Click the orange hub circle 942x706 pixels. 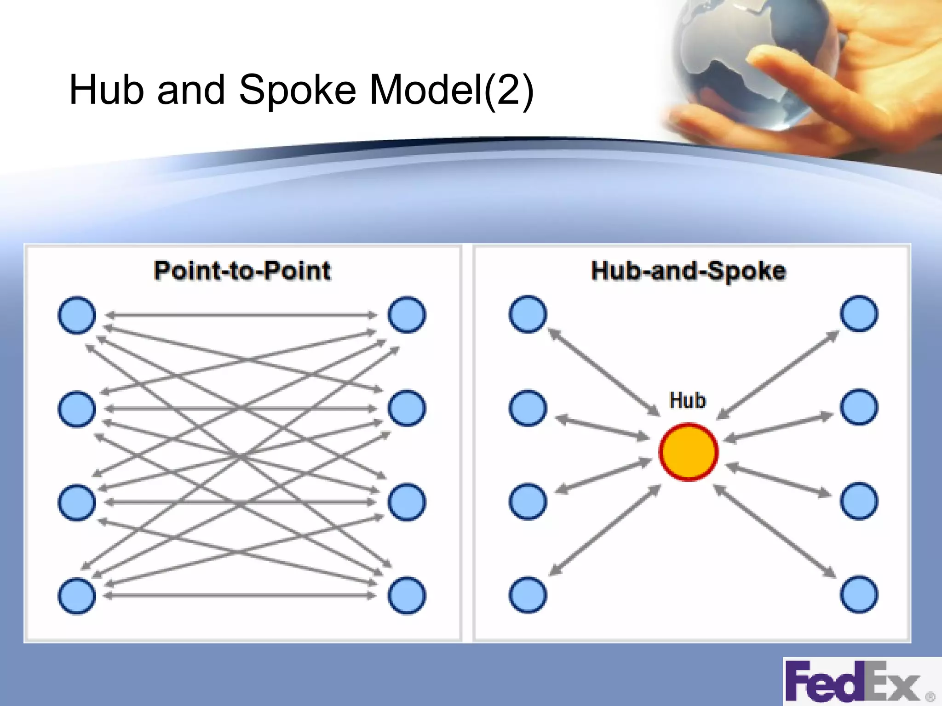tap(688, 452)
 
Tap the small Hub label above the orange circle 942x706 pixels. tap(687, 400)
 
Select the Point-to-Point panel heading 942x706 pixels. tap(242, 270)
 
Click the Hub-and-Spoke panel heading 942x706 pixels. tap(688, 270)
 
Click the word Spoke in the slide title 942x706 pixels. tap(297, 90)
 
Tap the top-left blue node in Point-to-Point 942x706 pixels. tap(77, 315)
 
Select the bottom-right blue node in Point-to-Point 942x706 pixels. tap(407, 596)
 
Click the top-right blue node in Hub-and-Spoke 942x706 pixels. tap(859, 313)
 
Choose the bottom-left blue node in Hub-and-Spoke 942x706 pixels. tap(528, 595)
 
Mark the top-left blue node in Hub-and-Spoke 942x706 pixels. tap(528, 314)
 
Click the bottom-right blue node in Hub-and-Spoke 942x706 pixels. tap(859, 594)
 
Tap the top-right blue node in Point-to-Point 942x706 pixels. tap(407, 315)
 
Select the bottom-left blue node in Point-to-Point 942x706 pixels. tap(77, 596)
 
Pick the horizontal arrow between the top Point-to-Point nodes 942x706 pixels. tap(241, 315)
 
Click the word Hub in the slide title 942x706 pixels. tap(106, 90)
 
